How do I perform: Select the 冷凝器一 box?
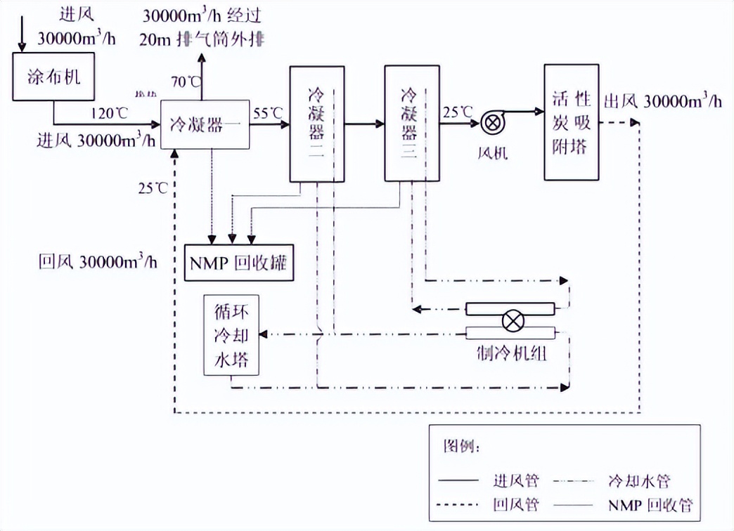pos(205,124)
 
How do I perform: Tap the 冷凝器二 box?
pos(317,124)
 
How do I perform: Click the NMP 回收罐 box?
pos(239,263)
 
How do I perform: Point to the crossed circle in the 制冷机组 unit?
pos(511,322)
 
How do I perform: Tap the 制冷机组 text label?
pos(511,353)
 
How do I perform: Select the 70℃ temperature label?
pos(185,81)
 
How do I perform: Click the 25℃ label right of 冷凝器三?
pos(458,110)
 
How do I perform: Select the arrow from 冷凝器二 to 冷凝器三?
pos(364,124)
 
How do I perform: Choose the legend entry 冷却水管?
pos(639,481)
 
